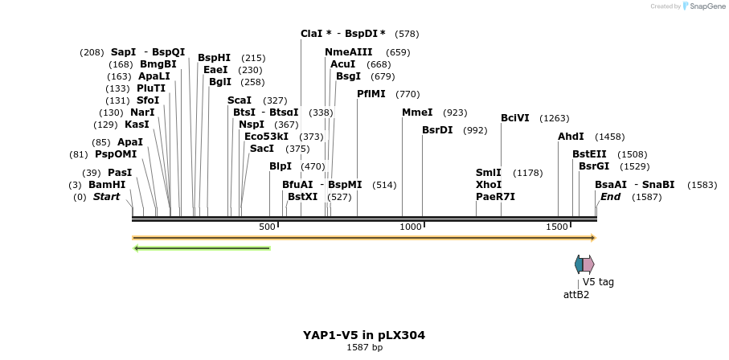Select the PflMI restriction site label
click(x=371, y=93)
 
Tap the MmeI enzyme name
click(x=417, y=112)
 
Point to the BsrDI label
click(x=437, y=129)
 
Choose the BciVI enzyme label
click(x=515, y=118)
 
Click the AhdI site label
click(x=571, y=137)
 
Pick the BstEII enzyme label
click(x=589, y=153)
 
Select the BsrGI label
click(x=594, y=166)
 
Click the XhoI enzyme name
click(x=489, y=184)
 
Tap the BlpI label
click(x=281, y=166)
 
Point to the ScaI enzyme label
click(x=240, y=100)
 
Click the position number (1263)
click(x=554, y=118)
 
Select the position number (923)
click(x=455, y=112)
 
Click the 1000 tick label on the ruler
click(x=411, y=227)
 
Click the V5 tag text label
click(x=598, y=282)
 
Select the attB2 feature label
click(x=576, y=294)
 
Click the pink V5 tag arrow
click(x=588, y=264)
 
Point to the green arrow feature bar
click(x=202, y=247)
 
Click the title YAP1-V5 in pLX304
click(x=364, y=335)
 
